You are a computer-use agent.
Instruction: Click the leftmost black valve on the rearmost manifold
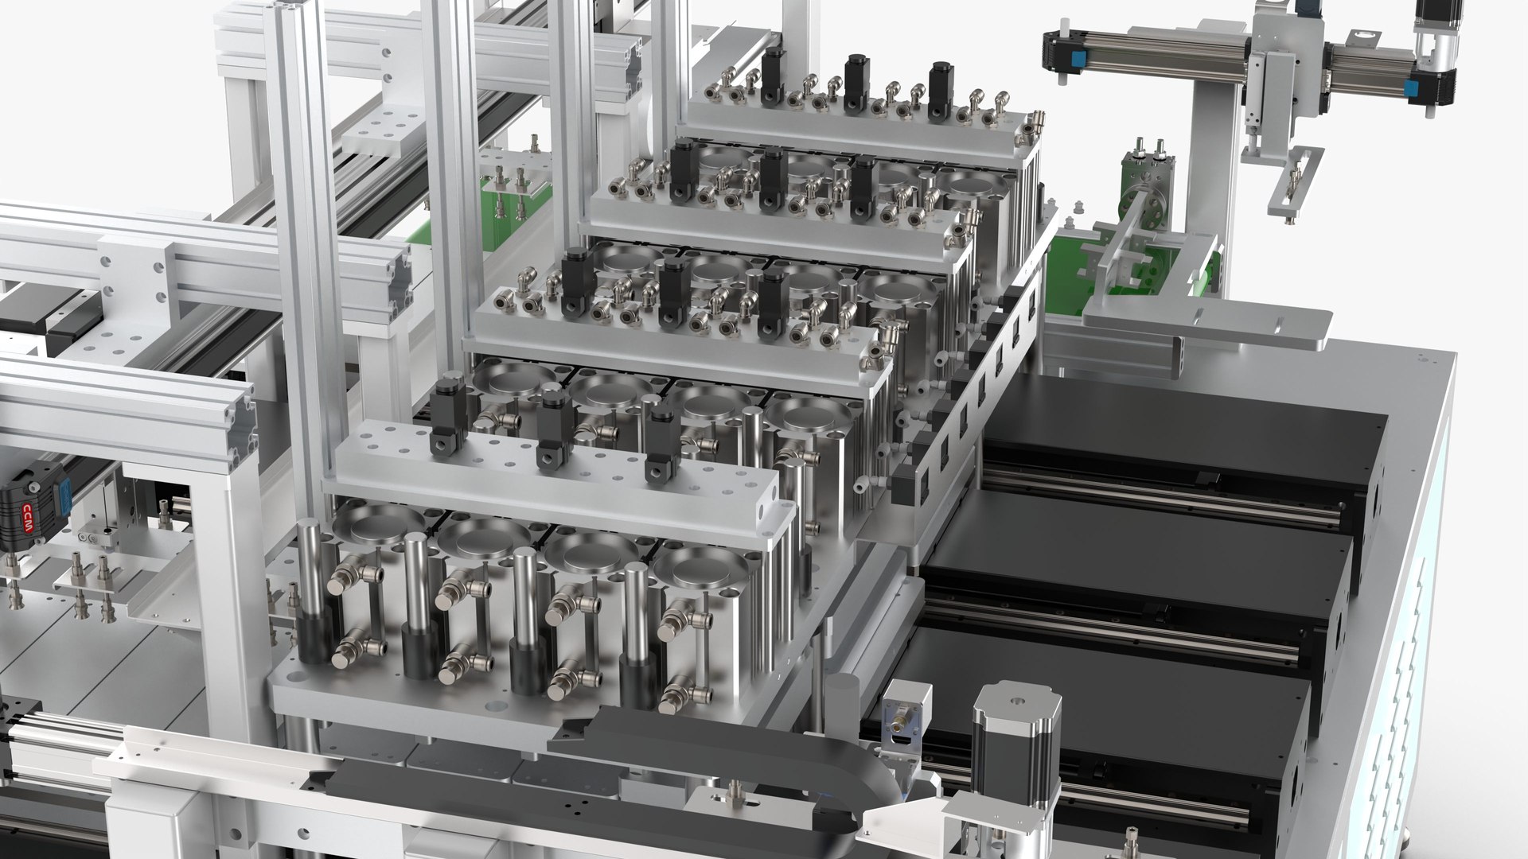point(771,77)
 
